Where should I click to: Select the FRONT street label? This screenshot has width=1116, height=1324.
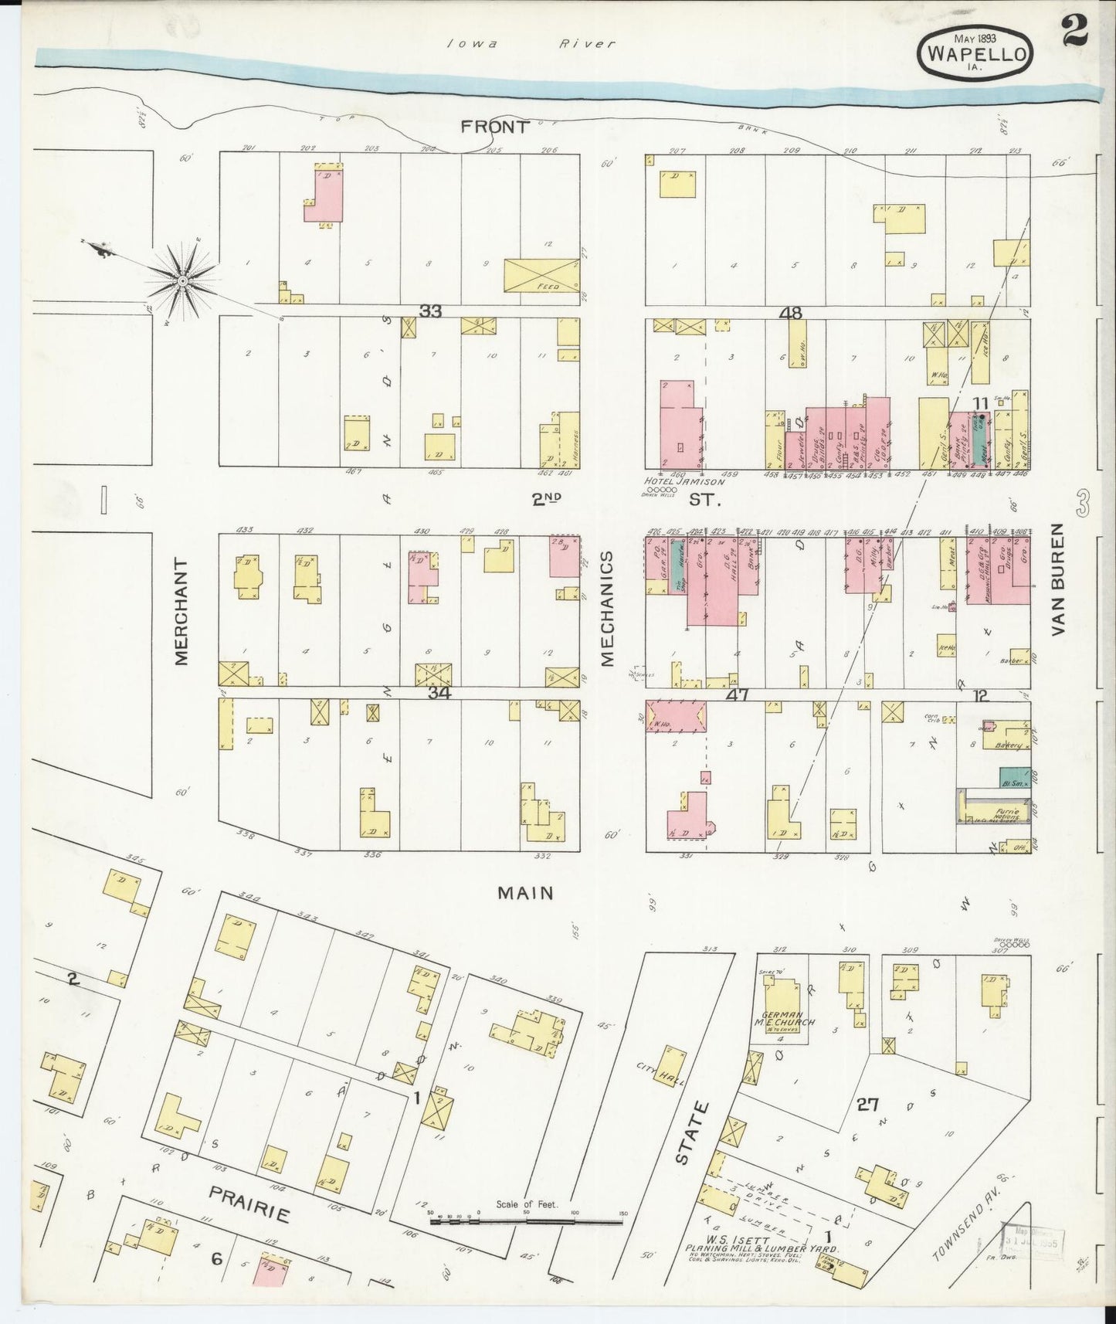pyautogui.click(x=495, y=127)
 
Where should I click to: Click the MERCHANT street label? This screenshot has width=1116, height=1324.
pyautogui.click(x=182, y=610)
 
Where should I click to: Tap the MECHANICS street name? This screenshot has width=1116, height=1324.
pyautogui.click(x=606, y=609)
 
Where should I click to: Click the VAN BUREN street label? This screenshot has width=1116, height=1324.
pyautogui.click(x=1057, y=579)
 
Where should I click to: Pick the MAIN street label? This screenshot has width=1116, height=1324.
pyautogui.click(x=525, y=893)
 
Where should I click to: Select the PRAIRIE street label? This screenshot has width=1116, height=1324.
pyautogui.click(x=249, y=1203)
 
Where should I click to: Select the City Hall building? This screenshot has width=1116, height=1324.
pyautogui.click(x=669, y=1067)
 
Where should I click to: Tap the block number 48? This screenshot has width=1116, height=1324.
pyautogui.click(x=791, y=314)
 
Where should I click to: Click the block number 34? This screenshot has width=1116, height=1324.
pyautogui.click(x=439, y=693)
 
